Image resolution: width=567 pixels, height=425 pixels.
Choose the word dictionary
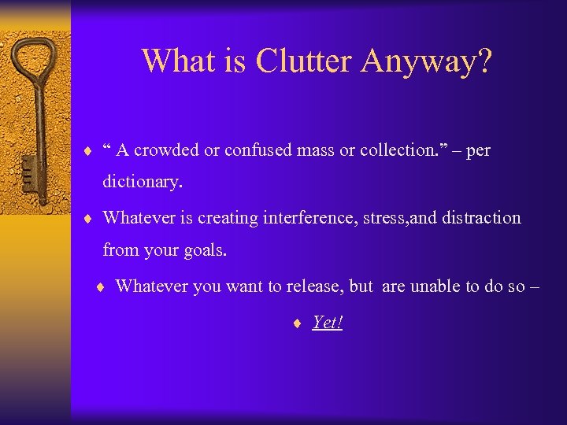(143, 183)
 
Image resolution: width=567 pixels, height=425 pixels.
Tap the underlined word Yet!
(328, 322)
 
